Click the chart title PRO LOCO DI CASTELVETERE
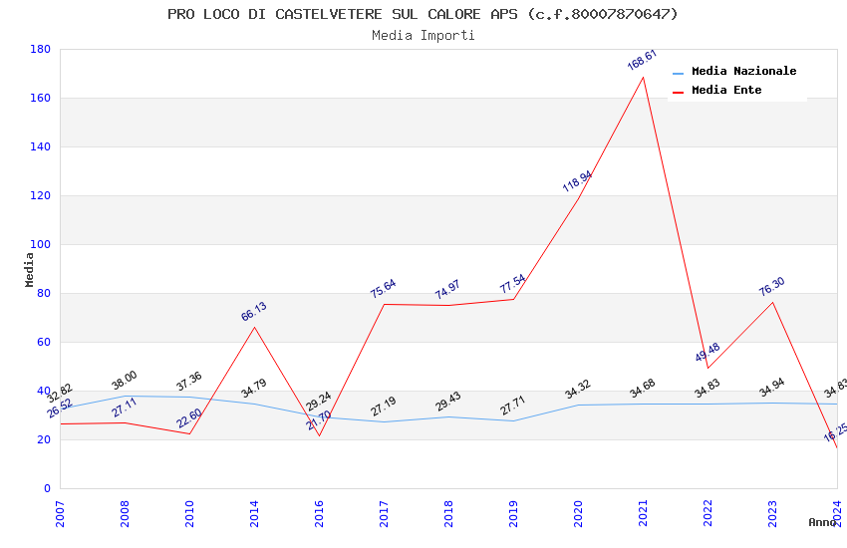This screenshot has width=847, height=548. [x=423, y=14]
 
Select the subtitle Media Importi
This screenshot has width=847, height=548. [x=423, y=35]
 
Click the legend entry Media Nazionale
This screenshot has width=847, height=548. [x=743, y=72]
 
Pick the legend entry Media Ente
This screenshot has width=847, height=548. [x=726, y=91]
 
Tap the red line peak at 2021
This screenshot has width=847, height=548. [x=643, y=77]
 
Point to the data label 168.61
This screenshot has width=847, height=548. [x=642, y=60]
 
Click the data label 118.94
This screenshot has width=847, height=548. [x=577, y=181]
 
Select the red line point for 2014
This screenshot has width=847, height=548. [x=254, y=327]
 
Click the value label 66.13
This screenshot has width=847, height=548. [x=254, y=312]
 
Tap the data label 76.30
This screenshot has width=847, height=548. [x=771, y=287]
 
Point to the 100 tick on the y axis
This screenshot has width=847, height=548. [x=41, y=244]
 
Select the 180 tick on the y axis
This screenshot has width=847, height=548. [x=41, y=49]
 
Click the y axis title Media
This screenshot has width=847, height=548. [x=30, y=269]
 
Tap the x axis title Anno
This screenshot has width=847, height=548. [x=822, y=522]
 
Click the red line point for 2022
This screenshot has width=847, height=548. [x=707, y=368]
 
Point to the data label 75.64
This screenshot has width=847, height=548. [x=383, y=289]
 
